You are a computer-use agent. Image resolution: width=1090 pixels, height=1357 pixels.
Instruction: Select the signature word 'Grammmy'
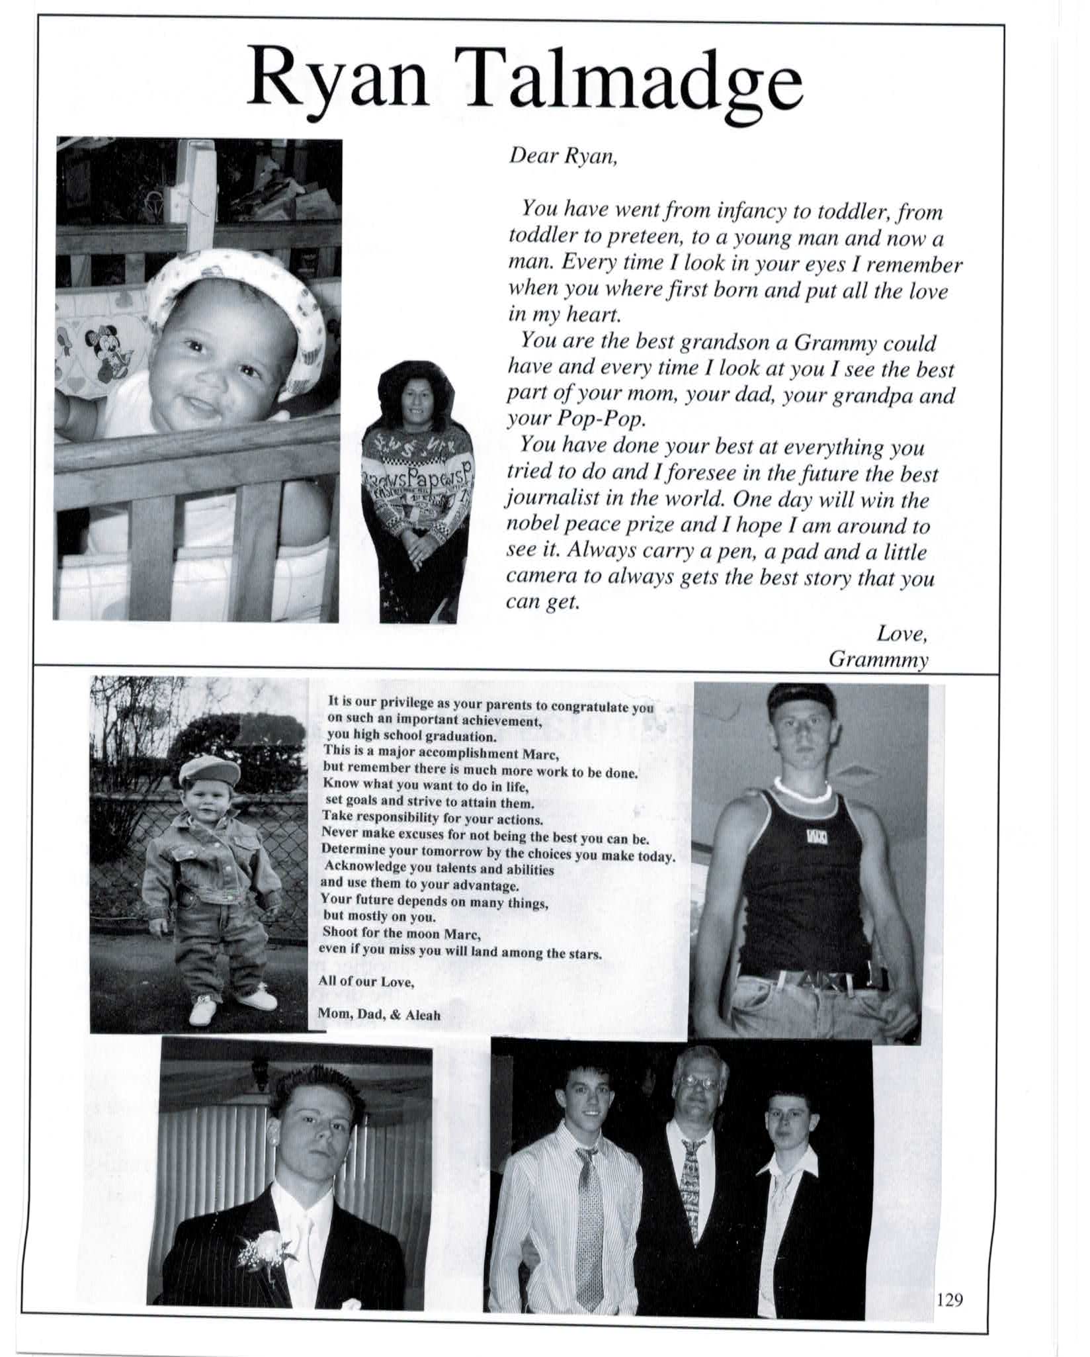click(879, 659)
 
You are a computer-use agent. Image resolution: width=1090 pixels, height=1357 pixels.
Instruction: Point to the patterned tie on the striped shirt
click(589, 1211)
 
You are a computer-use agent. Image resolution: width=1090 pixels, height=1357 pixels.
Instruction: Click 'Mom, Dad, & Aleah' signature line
click(379, 1014)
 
